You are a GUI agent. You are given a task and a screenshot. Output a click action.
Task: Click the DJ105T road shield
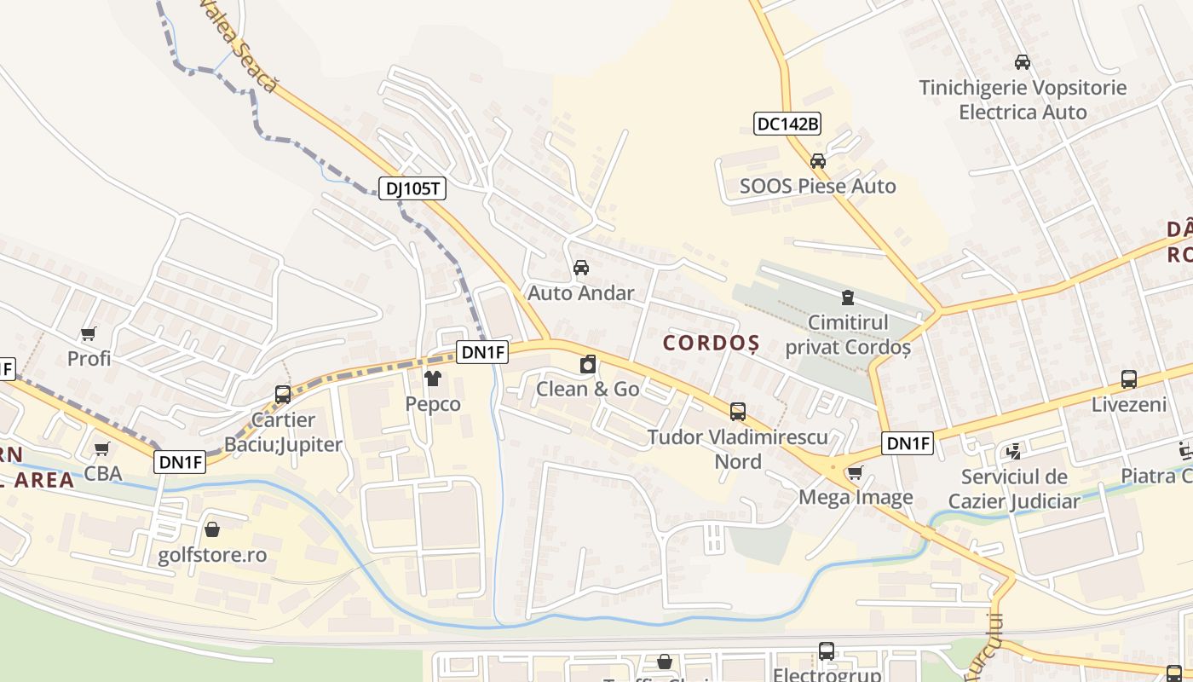(412, 188)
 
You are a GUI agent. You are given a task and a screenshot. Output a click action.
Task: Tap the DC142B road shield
(787, 124)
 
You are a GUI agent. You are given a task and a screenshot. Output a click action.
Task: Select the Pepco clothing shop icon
(433, 379)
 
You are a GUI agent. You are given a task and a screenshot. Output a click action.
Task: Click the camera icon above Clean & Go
(587, 365)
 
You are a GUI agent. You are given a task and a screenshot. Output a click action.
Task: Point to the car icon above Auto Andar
(581, 268)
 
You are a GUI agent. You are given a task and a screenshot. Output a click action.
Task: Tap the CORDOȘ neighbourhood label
(711, 343)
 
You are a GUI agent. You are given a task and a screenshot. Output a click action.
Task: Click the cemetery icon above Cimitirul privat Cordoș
(848, 298)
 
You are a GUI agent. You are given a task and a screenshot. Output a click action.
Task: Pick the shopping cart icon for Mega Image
(855, 472)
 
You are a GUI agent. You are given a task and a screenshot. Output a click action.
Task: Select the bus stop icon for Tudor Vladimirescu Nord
(738, 412)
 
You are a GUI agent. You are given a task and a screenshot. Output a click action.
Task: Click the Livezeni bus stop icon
(1129, 379)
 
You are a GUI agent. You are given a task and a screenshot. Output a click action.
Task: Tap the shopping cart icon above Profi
(89, 333)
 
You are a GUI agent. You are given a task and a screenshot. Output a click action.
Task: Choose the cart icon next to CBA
(102, 448)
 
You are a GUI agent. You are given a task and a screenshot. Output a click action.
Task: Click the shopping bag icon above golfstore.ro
(212, 530)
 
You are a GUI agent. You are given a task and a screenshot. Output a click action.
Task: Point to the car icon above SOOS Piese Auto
(818, 160)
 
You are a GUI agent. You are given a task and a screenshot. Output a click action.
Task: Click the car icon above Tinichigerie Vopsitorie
(1023, 62)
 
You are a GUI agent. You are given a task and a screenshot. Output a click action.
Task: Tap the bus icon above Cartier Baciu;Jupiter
(283, 395)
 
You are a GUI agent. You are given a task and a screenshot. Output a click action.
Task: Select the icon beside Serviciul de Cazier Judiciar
(1014, 451)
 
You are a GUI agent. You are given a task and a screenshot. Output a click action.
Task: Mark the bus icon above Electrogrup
(827, 651)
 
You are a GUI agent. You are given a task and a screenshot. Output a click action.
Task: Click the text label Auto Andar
(581, 293)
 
